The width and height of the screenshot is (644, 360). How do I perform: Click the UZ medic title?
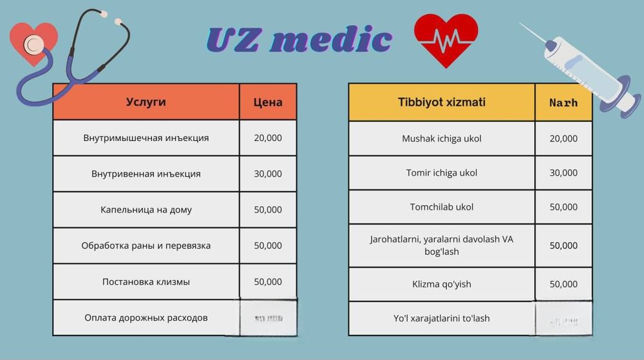point(299,40)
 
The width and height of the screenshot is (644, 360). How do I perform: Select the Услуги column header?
point(146,102)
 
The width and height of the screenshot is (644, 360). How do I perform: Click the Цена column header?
point(267,102)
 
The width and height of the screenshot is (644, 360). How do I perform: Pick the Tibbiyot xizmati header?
point(441,102)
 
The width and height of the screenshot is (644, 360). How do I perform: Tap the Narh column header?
point(563,102)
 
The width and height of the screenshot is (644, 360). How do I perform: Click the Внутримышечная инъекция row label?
point(146,138)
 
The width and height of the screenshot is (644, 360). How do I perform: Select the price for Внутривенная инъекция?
point(267,174)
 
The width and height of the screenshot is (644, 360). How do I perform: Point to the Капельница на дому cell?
point(146,210)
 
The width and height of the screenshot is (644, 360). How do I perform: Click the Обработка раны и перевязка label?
point(146,245)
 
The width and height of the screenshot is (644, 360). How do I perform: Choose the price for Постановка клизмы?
point(267,281)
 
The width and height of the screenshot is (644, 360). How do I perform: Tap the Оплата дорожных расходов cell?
point(146,317)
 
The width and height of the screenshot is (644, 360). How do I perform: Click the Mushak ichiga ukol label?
point(441,138)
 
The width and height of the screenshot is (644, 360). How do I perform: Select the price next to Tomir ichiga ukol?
point(563,173)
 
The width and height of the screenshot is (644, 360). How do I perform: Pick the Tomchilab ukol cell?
point(441,207)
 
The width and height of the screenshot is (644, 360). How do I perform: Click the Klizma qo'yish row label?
point(441,284)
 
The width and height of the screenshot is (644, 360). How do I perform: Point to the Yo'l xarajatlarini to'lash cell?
point(441,318)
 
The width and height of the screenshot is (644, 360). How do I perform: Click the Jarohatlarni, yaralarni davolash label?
point(441,245)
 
